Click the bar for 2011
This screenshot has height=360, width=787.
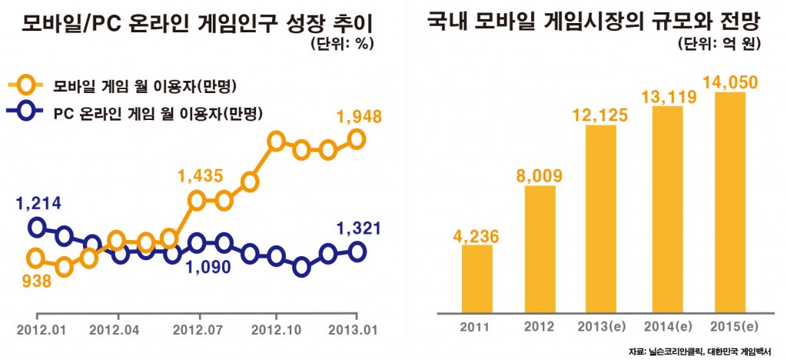(477, 278)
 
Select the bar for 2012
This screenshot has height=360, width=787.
(540, 248)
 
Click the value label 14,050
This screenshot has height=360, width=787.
(728, 81)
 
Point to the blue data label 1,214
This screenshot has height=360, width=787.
(38, 204)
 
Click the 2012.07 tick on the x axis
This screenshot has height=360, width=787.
(198, 316)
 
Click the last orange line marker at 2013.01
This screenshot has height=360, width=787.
(357, 138)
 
